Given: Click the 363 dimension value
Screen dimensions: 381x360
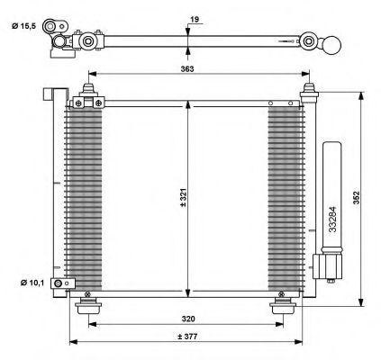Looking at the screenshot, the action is click(x=187, y=68).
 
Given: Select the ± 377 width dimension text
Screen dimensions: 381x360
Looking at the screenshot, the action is click(x=187, y=337).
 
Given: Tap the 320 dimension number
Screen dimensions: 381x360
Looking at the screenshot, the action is click(x=188, y=319).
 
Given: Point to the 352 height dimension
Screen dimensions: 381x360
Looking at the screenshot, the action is click(x=356, y=197).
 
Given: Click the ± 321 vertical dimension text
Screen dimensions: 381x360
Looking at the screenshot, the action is click(x=183, y=197).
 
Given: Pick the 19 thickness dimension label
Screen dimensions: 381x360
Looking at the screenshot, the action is click(x=195, y=20).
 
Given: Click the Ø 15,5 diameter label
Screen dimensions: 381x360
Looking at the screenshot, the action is click(x=24, y=26).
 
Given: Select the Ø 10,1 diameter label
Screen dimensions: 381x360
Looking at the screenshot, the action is click(x=32, y=283).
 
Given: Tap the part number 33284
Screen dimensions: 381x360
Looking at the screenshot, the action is click(x=332, y=220).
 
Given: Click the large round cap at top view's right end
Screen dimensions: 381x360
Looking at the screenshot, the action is click(x=332, y=45).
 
